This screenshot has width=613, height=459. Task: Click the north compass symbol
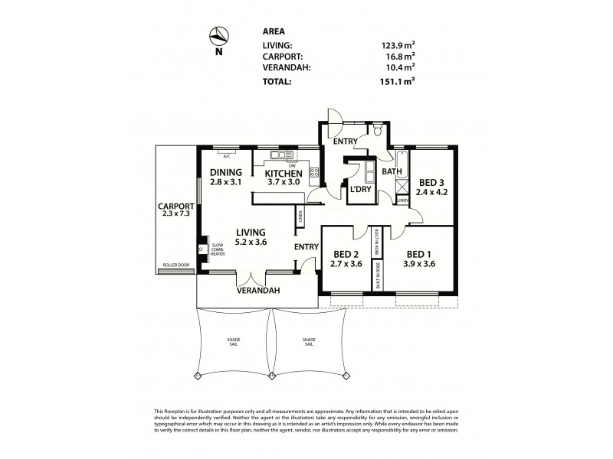click(x=219, y=36)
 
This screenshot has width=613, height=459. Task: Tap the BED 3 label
click(x=431, y=182)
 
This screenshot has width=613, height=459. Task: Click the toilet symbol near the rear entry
click(x=379, y=132)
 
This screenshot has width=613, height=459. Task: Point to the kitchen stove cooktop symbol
click(x=313, y=171)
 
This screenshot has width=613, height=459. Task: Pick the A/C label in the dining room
click(x=227, y=156)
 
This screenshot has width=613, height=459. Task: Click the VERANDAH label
click(x=257, y=291)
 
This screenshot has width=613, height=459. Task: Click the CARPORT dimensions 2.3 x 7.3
click(x=175, y=215)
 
